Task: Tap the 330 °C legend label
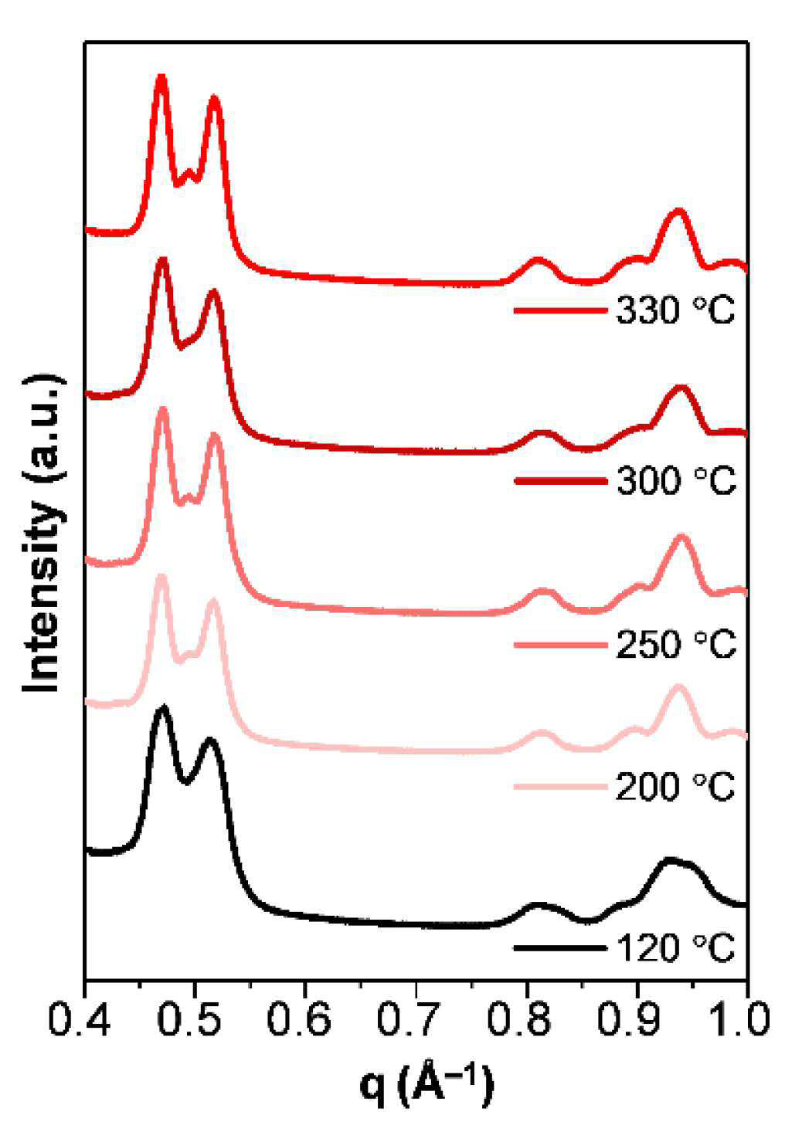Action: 675,310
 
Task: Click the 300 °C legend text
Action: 675,480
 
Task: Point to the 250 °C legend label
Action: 675,644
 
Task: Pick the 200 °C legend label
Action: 675,786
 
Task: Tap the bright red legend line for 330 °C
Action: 559,310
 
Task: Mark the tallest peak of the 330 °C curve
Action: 161,76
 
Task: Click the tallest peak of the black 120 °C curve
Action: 163,707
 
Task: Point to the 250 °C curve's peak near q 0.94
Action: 682,537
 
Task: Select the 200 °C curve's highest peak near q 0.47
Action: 161,577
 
